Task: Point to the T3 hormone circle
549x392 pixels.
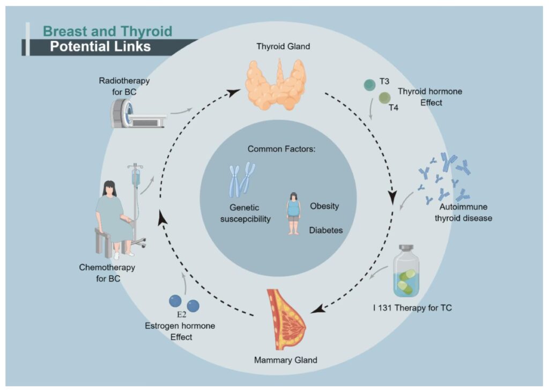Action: [369, 85]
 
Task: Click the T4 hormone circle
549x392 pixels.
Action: [385, 98]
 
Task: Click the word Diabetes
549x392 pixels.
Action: [325, 230]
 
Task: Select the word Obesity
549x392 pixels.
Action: [324, 206]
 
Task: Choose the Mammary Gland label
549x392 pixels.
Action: [285, 360]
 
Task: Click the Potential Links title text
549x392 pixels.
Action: [100, 47]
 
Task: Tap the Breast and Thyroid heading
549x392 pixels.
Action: [107, 31]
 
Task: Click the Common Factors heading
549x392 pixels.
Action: [281, 149]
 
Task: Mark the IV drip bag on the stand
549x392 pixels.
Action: [136, 177]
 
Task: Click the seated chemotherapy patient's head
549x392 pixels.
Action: [110, 188]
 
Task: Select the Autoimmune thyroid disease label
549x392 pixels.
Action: [465, 213]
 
